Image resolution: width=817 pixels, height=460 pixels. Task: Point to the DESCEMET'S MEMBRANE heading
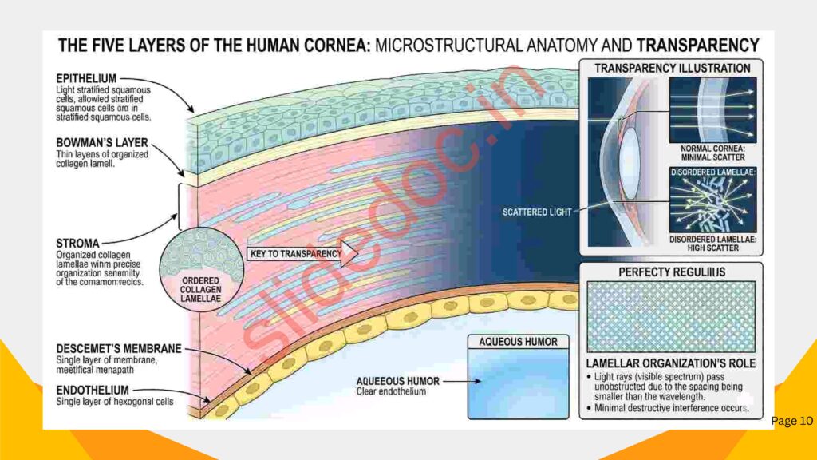[x=119, y=349]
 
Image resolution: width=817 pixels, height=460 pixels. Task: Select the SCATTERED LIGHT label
[x=537, y=212]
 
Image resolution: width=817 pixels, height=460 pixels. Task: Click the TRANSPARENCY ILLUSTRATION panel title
[x=672, y=69]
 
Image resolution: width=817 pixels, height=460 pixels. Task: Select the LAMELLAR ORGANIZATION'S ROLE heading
[x=671, y=363]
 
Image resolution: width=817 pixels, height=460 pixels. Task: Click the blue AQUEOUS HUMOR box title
[x=518, y=342]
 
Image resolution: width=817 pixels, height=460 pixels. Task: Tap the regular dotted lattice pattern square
[x=671, y=316]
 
